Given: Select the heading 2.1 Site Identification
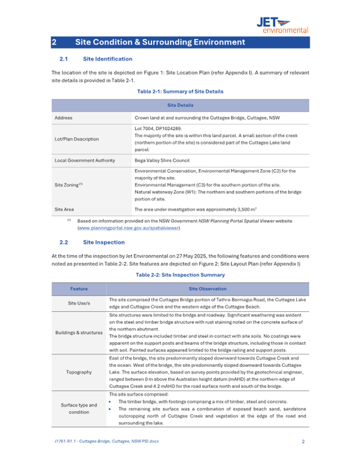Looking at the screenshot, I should coord(95,59).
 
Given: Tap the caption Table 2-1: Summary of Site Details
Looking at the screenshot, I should coord(180,91).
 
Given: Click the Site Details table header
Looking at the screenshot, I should coord(180,105).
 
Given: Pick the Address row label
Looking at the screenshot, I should coord(63,117).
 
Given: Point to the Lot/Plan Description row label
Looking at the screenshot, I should coord(76,139).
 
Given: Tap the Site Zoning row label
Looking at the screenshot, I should coord(68,185).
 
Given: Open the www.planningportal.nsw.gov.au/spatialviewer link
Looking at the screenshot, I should coord(129,228).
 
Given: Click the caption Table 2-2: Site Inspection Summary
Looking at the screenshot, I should coord(180,275).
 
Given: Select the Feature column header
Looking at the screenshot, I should coord(79,289).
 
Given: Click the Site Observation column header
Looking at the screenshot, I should coord(207,289).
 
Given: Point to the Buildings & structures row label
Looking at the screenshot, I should coord(79,333).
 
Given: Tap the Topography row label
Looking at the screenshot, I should coord(79,372).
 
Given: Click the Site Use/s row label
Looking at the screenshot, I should coord(79,304).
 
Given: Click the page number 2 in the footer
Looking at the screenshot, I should coord(303,441).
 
